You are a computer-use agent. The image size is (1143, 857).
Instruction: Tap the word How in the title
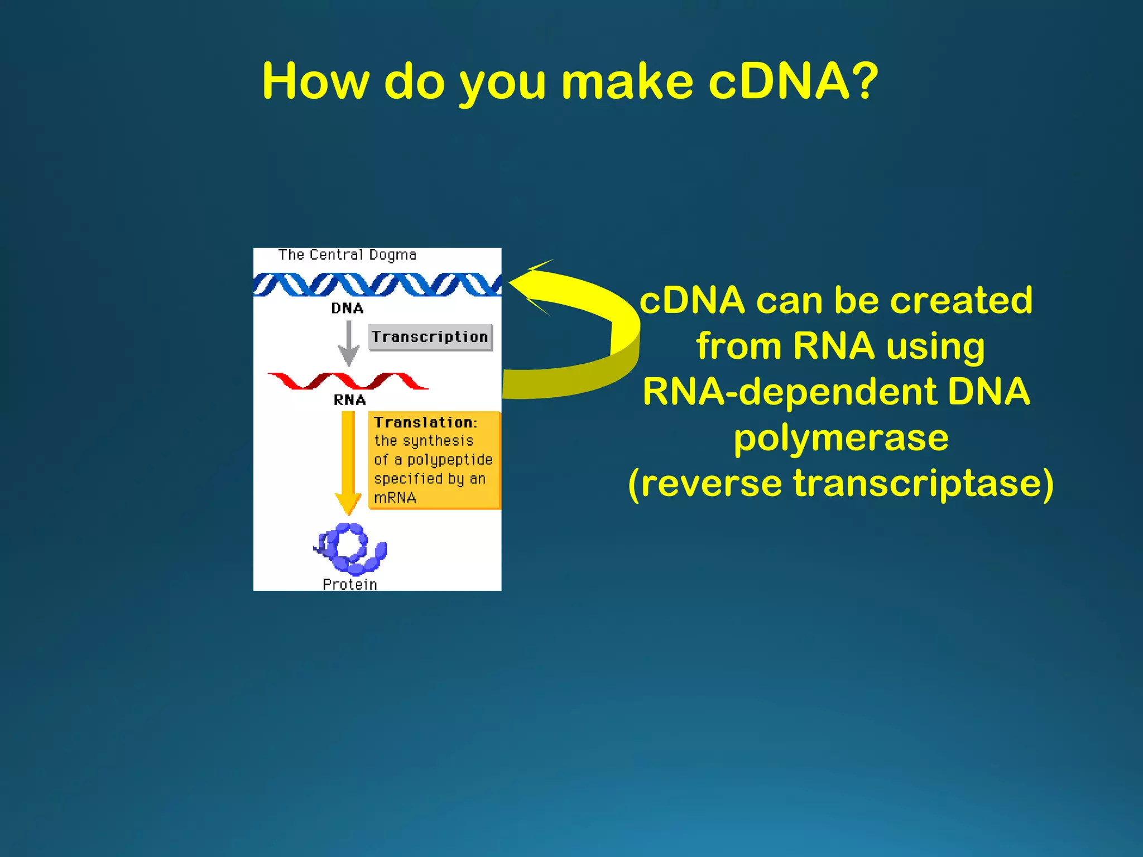[315, 81]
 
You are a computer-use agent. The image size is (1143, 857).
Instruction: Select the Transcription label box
[430, 337]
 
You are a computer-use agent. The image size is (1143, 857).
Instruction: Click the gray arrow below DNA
[349, 343]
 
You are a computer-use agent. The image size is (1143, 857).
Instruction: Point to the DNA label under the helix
[347, 308]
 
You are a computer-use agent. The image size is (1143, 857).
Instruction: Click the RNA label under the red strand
[349, 400]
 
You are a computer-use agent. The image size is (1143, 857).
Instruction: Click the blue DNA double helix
[377, 284]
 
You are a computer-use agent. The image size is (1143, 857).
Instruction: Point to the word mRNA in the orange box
[395, 498]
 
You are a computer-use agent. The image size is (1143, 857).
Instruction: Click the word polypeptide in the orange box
[450, 460]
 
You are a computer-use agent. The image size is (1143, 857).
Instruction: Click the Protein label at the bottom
[350, 584]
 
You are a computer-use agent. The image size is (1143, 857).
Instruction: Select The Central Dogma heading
[347, 255]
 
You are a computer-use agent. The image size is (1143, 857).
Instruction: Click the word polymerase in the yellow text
[841, 438]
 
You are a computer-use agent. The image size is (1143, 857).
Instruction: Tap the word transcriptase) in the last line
[924, 483]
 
